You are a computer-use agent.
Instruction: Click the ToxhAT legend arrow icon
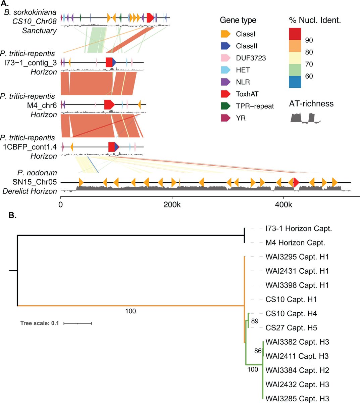click(225, 94)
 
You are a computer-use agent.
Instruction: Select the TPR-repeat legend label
click(255, 106)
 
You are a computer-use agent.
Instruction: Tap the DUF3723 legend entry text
click(251, 58)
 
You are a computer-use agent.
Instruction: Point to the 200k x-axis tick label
click(172, 204)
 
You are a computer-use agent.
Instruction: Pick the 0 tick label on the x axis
click(61, 204)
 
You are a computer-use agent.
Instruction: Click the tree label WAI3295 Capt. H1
click(297, 257)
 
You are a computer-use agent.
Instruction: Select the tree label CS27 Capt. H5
click(291, 328)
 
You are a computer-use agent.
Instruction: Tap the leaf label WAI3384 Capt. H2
click(297, 370)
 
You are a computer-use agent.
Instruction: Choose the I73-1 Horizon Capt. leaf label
click(298, 229)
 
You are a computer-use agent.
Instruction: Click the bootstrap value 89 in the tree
click(255, 321)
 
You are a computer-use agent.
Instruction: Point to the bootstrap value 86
click(258, 351)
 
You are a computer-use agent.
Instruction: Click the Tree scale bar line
click(78, 323)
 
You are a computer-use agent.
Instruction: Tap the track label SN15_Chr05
click(37, 182)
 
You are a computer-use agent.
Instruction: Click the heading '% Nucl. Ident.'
click(315, 20)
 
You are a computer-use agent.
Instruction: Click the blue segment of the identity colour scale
click(295, 82)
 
